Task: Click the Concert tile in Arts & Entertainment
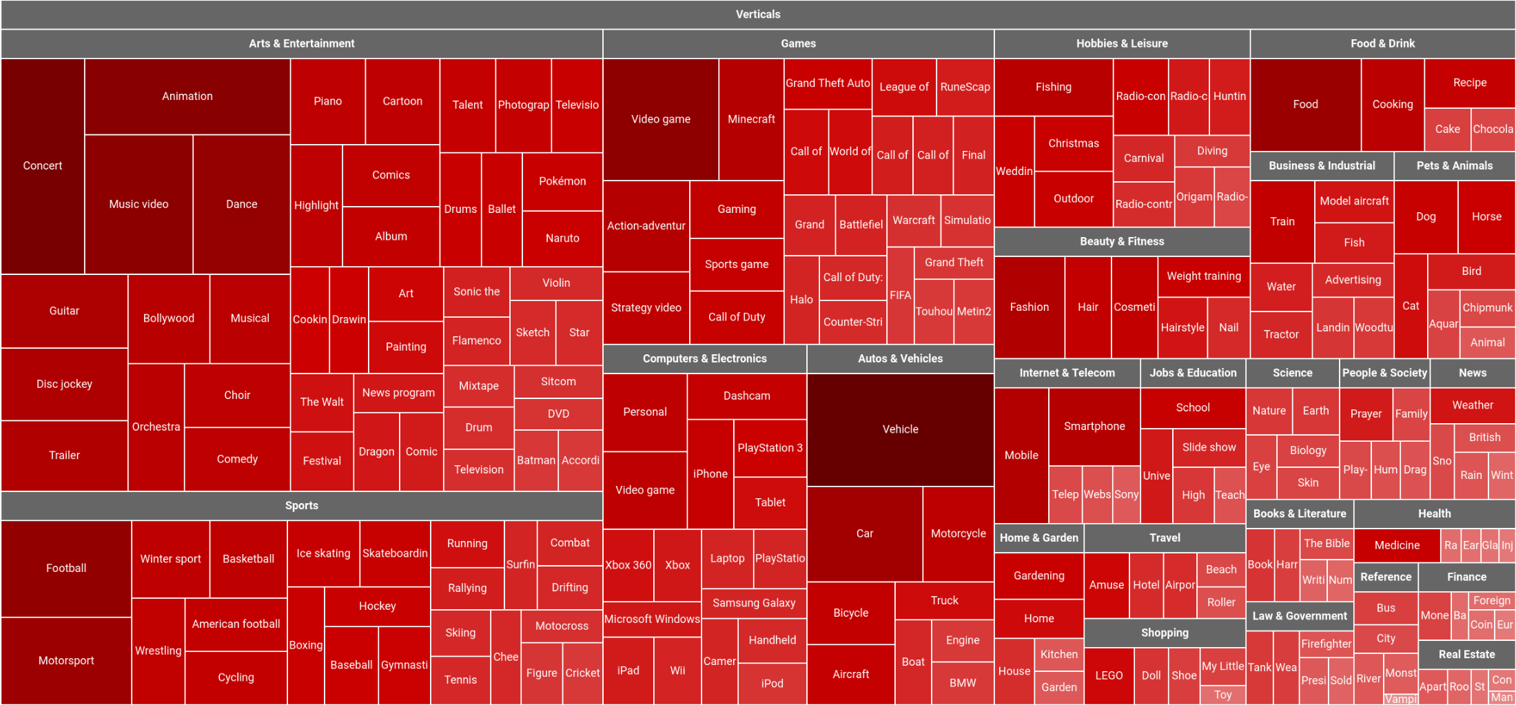(x=43, y=165)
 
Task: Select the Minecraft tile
(x=751, y=119)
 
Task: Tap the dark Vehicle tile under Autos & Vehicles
(x=900, y=429)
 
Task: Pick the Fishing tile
(x=1053, y=87)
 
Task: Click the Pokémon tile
(x=562, y=181)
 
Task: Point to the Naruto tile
(x=562, y=238)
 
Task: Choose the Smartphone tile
(x=1094, y=426)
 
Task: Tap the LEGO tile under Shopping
(x=1109, y=675)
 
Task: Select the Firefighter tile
(x=1326, y=644)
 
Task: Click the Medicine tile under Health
(x=1397, y=545)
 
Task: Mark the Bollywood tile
(x=169, y=318)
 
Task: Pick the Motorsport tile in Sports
(x=66, y=660)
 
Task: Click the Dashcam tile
(x=747, y=396)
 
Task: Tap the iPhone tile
(x=710, y=473)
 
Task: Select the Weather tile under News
(x=1473, y=405)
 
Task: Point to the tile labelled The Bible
(x=1326, y=543)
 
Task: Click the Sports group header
(x=302, y=505)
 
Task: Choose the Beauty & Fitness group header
(x=1122, y=241)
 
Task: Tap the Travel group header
(x=1165, y=538)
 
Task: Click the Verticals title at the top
(x=758, y=14)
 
